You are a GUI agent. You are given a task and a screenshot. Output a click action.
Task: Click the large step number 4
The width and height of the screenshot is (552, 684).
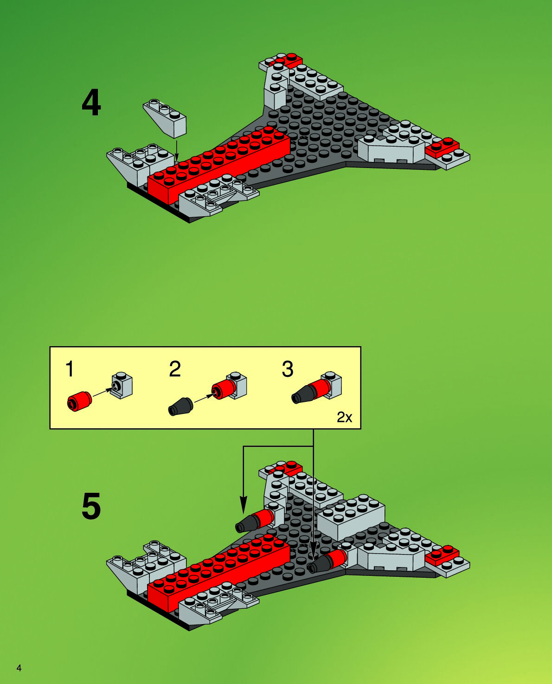[x=91, y=103]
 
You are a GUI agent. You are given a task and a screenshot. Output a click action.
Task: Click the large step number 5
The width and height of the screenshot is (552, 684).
[x=91, y=506]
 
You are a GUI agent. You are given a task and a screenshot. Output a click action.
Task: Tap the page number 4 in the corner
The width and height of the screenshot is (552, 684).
[x=19, y=668]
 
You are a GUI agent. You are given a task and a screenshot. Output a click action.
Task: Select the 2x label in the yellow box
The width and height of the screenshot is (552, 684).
[x=344, y=417]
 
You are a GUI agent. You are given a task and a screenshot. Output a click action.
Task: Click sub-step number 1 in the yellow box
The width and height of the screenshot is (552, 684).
[x=70, y=369]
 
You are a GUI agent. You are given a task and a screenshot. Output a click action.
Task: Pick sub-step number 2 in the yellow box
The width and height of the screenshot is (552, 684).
[x=174, y=369]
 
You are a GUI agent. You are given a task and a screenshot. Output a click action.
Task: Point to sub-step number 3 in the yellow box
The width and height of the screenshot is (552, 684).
[x=288, y=369]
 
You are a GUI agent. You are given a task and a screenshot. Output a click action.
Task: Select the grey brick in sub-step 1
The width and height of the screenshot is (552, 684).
[x=122, y=386]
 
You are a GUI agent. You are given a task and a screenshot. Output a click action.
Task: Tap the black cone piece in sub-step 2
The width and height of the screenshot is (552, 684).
[x=180, y=407]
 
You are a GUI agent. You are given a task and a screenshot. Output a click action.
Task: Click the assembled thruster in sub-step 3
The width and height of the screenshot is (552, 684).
[x=317, y=389]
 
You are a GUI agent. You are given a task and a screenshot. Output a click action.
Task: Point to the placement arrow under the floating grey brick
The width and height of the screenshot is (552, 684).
[x=177, y=151]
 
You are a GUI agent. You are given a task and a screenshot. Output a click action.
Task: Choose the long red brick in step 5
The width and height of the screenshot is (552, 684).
[x=218, y=568]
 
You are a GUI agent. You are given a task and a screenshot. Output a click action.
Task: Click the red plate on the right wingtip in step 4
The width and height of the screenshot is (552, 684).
[x=442, y=146]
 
